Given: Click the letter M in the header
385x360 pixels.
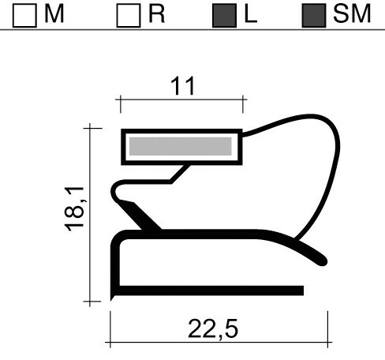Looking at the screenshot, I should pos(54,15).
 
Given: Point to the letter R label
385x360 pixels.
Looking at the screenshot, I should pos(156,15).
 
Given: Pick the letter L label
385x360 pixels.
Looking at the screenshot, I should pos(251,15).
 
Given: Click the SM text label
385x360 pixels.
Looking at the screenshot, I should pos(351,15).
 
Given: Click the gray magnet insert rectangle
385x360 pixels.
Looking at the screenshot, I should pos(181,146).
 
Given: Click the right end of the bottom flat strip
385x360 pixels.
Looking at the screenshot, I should pos(301,291).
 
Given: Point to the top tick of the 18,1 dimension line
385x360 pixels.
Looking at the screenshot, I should pos(92,126).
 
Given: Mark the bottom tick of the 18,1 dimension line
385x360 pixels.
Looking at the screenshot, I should pos(92,301).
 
